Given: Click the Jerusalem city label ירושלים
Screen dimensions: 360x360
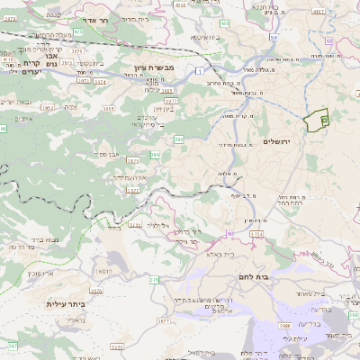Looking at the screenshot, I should (x=279, y=142).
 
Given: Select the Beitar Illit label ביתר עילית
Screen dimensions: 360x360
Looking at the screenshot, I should (x=64, y=304).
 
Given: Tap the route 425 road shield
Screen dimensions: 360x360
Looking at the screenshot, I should (x=78, y=31).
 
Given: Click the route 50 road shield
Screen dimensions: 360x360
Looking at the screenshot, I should (x=229, y=233).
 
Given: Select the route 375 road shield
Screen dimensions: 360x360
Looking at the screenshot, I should (x=154, y=280).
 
